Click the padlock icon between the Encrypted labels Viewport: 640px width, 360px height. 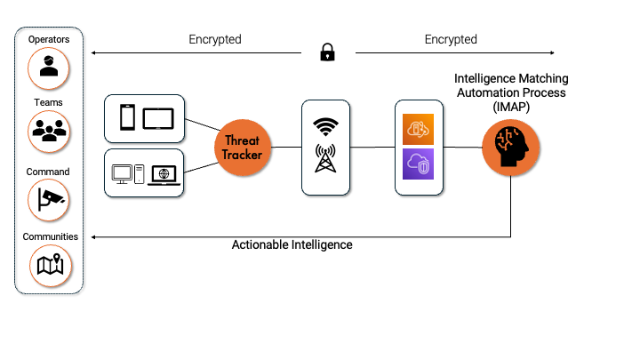[x=327, y=53]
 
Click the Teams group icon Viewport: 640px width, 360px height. [x=48, y=131]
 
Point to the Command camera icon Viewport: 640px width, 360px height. [x=48, y=198]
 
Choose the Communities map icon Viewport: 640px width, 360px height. [x=48, y=263]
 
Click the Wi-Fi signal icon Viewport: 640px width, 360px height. [x=326, y=127]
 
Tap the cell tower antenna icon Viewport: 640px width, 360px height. [x=326, y=161]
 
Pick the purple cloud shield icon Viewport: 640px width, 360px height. [x=420, y=166]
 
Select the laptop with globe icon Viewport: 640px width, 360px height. [x=164, y=173]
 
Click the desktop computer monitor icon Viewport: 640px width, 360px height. [x=122, y=172]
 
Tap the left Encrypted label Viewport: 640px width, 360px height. [x=215, y=40]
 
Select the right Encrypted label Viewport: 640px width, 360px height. [x=451, y=40]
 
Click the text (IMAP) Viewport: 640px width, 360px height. [x=509, y=106]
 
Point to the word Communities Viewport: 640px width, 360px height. [x=50, y=237]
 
